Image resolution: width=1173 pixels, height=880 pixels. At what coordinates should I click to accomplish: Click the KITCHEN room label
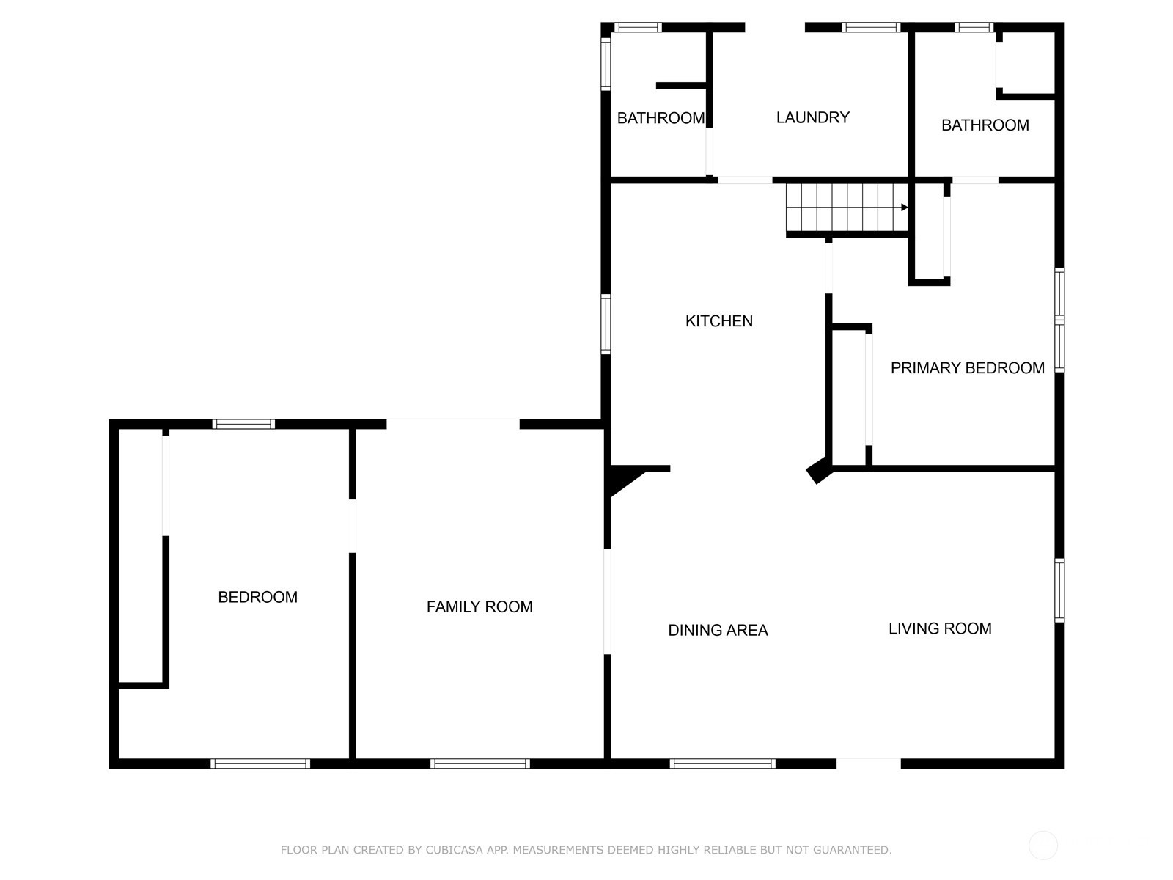pos(718,321)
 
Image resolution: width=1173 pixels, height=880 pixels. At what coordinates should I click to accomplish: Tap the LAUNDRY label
pos(813,117)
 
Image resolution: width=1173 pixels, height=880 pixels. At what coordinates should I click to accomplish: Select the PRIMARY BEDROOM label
pos(967,368)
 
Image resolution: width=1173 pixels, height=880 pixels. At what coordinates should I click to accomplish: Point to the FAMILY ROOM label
pos(479,607)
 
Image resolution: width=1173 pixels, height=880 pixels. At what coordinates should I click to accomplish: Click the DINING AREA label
pos(718,631)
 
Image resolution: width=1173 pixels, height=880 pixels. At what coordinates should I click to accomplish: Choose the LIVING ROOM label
pos(940,629)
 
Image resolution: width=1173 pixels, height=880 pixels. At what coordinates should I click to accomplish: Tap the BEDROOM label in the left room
pos(257,598)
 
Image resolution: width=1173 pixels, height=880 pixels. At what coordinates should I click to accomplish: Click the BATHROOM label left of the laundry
pos(661,118)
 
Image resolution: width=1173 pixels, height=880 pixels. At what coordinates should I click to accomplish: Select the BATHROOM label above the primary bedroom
pos(985,125)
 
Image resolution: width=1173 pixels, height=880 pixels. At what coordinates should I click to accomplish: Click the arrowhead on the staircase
pos(904,208)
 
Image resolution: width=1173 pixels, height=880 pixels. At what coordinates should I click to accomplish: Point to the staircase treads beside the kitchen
pos(847,208)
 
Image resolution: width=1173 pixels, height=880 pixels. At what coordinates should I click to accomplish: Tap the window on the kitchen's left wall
pos(606,324)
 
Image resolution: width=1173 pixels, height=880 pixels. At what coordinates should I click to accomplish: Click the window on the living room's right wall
pos(1059,590)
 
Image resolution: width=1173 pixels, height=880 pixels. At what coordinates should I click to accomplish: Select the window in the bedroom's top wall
pos(243,425)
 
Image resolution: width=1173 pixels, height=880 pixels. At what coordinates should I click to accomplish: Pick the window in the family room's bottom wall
pos(480,763)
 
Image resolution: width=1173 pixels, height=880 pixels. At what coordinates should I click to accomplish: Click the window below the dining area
pos(723,763)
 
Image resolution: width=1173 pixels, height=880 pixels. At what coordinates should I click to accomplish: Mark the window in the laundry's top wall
pos(871,27)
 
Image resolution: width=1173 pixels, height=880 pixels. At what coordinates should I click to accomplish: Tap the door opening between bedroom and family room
pos(352,526)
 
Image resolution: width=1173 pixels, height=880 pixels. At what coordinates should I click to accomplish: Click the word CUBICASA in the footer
pos(453,849)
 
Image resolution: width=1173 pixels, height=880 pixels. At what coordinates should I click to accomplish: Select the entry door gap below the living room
pos(869,763)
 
